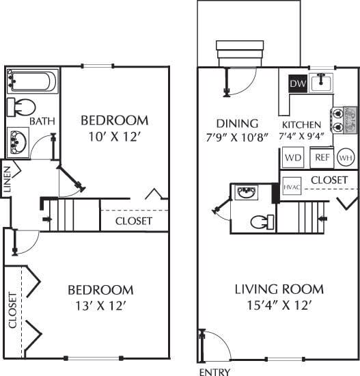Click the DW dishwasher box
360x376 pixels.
297,83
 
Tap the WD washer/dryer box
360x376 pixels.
293,157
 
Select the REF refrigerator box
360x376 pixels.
321,157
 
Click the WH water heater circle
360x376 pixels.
346,157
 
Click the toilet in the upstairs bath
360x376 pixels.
22,108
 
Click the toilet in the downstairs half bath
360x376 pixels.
261,222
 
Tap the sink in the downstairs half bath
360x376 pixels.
245,193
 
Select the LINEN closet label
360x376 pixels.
7,180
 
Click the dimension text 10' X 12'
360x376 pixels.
114,136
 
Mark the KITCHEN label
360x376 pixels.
301,124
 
